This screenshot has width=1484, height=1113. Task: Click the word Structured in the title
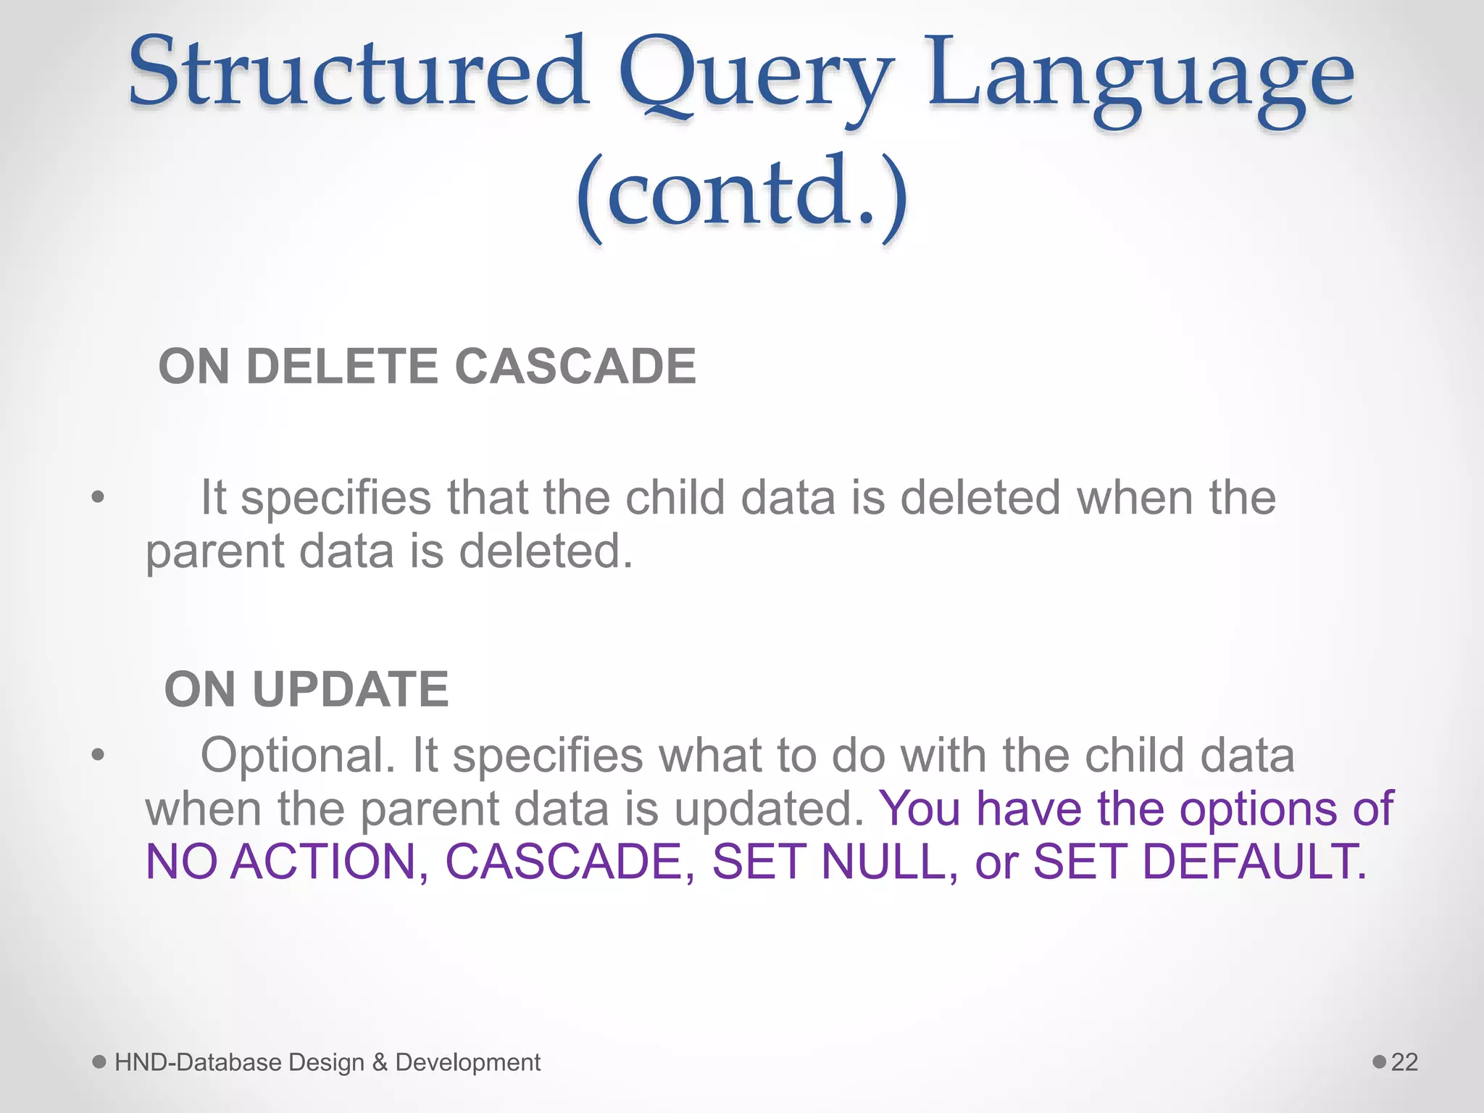[x=359, y=72]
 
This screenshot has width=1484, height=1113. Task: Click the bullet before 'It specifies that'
[x=99, y=499]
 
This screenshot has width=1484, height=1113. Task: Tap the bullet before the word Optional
[x=99, y=756]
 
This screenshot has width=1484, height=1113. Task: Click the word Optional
[x=297, y=756]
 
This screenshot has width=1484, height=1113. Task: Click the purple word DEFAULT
[x=1254, y=862]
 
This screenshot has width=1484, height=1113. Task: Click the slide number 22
[x=1404, y=1062]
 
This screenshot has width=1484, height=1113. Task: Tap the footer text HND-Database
[x=198, y=1062]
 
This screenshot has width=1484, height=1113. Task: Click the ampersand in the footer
[x=380, y=1062]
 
